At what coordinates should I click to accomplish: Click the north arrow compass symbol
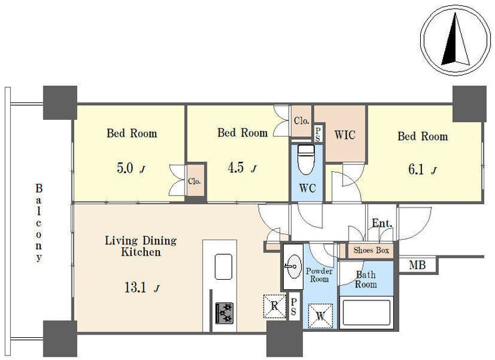[x=456, y=40]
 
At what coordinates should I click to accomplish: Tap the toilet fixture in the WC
[x=306, y=160]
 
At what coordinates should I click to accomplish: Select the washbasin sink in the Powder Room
[x=293, y=267]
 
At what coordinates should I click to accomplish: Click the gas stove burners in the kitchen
[x=225, y=312]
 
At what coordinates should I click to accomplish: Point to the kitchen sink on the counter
[x=223, y=267]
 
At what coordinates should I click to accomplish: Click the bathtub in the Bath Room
[x=366, y=312]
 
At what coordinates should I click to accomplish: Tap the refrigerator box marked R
[x=274, y=306]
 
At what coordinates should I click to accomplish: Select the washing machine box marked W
[x=320, y=316]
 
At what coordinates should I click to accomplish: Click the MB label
[x=417, y=265]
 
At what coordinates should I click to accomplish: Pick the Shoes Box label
[x=371, y=250]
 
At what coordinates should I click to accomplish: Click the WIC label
[x=344, y=135]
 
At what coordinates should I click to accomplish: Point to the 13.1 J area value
[x=142, y=288]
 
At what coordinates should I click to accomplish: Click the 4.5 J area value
[x=242, y=168]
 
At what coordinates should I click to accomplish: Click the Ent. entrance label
[x=382, y=223]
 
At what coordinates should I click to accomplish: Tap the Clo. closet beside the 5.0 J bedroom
[x=194, y=181]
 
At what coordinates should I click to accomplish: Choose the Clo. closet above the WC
[x=302, y=120]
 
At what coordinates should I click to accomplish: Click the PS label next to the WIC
[x=318, y=134]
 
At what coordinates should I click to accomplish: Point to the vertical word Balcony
[x=39, y=223]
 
